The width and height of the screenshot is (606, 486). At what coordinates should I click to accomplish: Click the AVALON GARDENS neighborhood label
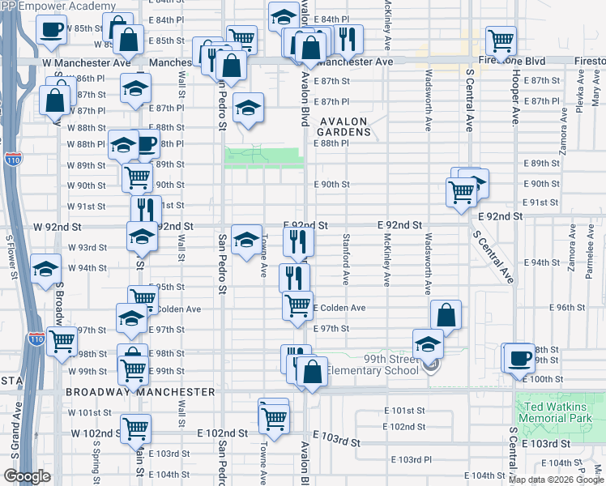[342, 127]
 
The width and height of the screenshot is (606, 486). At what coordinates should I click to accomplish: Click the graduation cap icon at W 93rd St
[142, 236]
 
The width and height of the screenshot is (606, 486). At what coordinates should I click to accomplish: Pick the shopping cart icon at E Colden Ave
[297, 305]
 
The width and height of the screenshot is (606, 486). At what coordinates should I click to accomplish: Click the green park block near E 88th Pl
[264, 156]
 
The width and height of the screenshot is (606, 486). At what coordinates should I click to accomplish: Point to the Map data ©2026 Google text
[556, 479]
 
